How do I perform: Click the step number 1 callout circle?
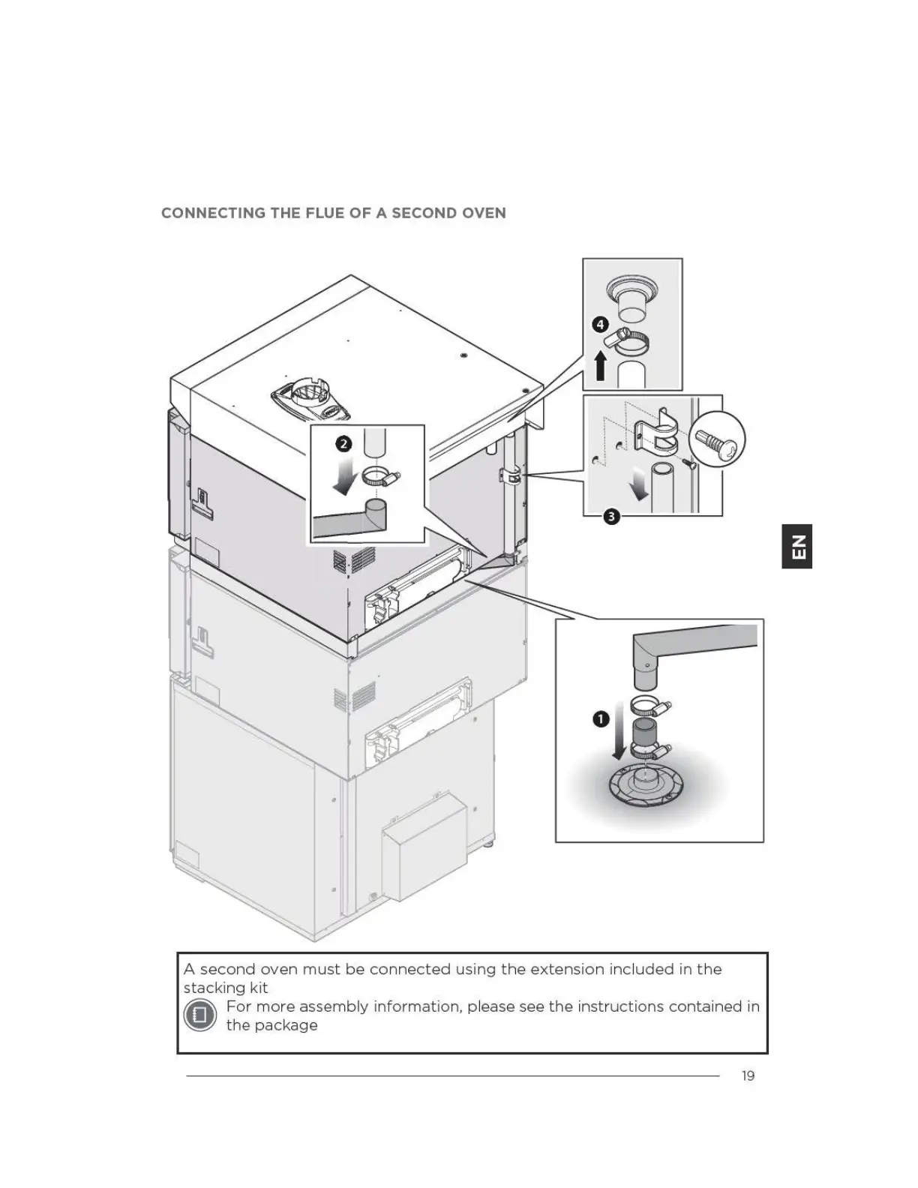pyautogui.click(x=601, y=720)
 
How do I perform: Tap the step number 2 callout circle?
pyautogui.click(x=343, y=444)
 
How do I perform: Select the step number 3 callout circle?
pyautogui.click(x=611, y=517)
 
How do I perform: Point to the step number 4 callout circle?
pyautogui.click(x=600, y=325)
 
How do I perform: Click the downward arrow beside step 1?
pyautogui.click(x=617, y=730)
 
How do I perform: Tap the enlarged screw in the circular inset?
pyautogui.click(x=716, y=441)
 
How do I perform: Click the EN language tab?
pyautogui.click(x=797, y=546)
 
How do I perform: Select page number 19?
pyautogui.click(x=748, y=1075)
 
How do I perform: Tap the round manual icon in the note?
pyautogui.click(x=200, y=1015)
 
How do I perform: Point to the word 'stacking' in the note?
pyautogui.click(x=212, y=988)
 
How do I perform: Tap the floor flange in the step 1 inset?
pyautogui.click(x=645, y=786)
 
